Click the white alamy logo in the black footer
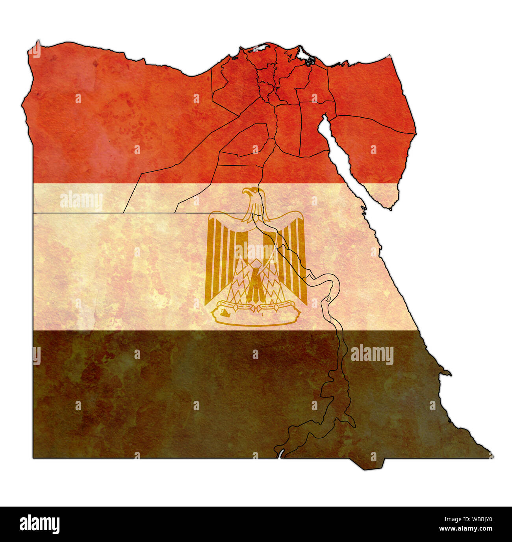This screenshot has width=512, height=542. coord(39,524)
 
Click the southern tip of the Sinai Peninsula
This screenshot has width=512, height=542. coord(390,208)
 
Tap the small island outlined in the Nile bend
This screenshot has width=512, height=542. coord(328,300)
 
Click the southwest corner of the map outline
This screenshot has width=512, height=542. coord(33,458)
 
